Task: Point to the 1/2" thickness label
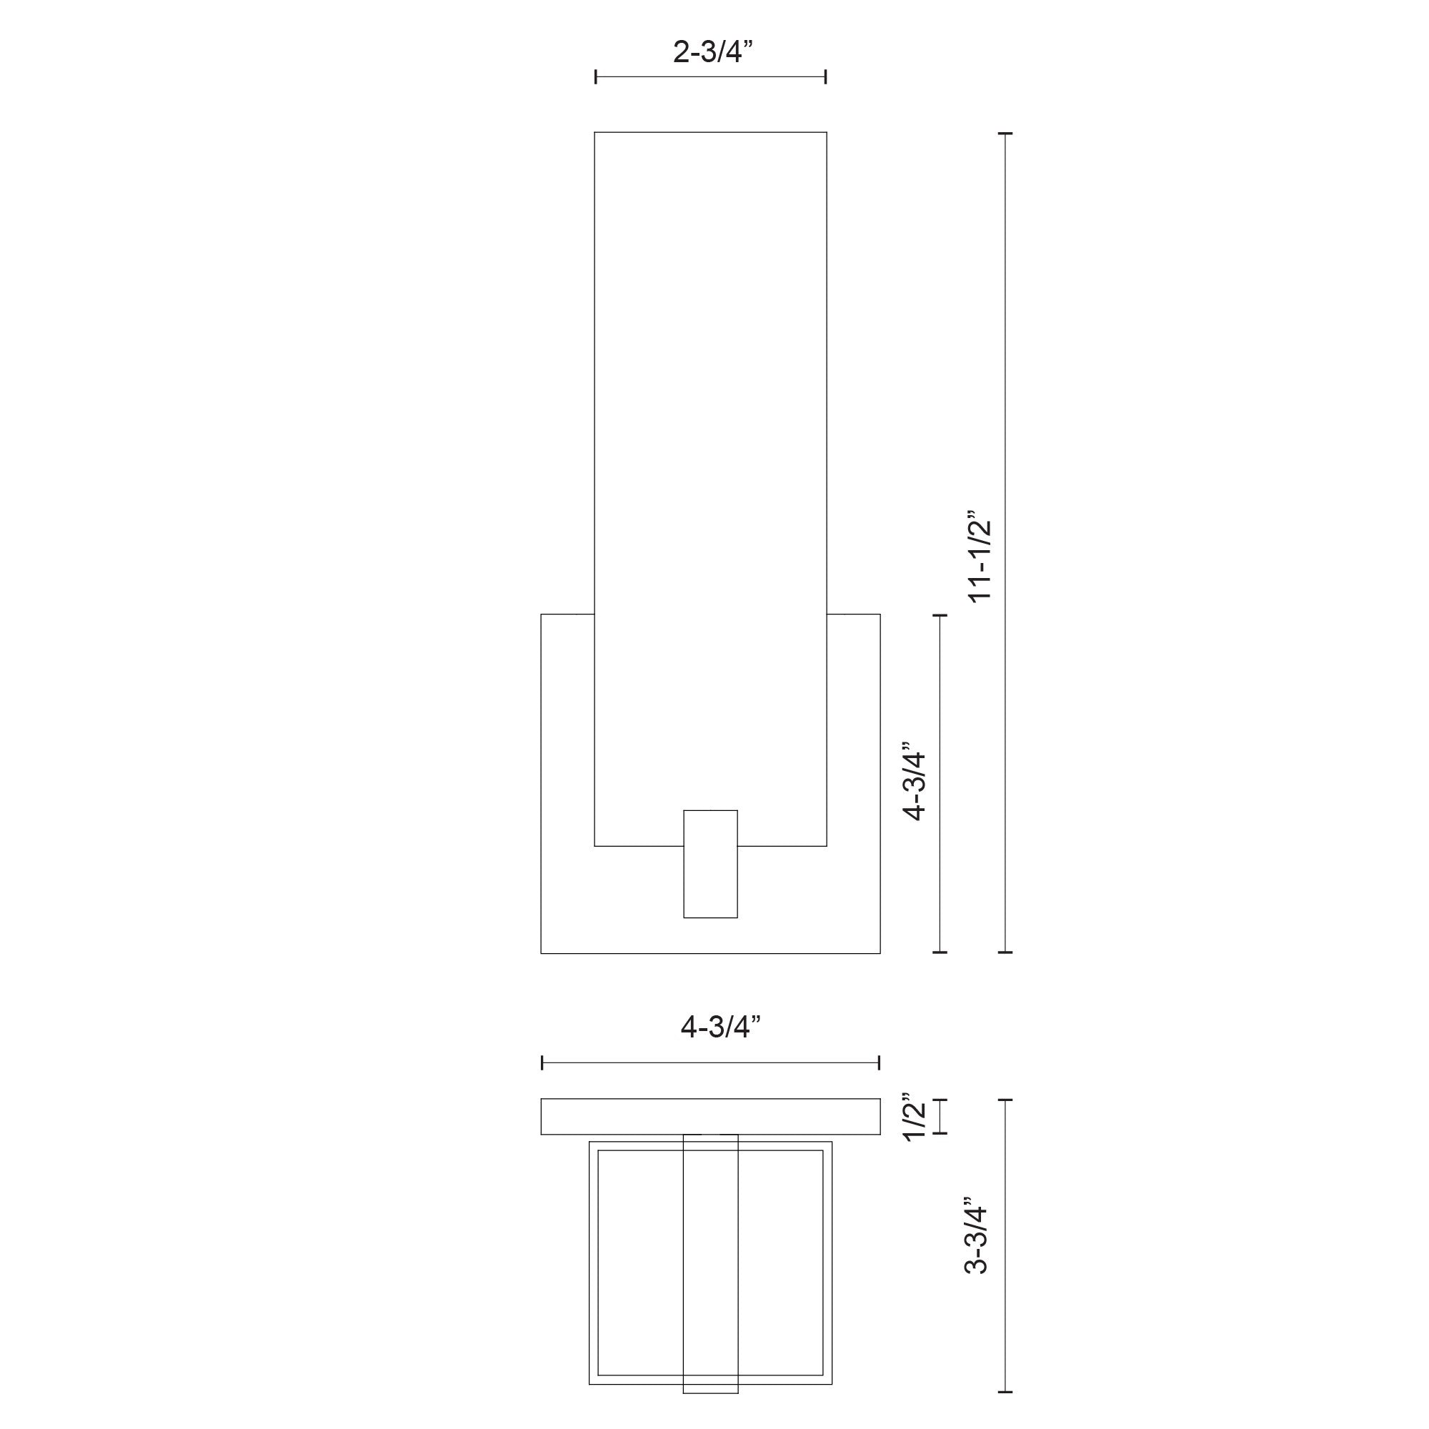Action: pyautogui.click(x=915, y=1117)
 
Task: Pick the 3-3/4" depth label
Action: pyautogui.click(x=976, y=1236)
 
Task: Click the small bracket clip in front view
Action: pyautogui.click(x=710, y=864)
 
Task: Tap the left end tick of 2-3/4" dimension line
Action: pyautogui.click(x=596, y=76)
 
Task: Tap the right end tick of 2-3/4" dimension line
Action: pyautogui.click(x=825, y=76)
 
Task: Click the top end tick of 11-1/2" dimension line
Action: pyautogui.click(x=1005, y=134)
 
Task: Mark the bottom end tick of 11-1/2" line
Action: pyautogui.click(x=1005, y=952)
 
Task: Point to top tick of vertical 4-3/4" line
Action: pyautogui.click(x=940, y=614)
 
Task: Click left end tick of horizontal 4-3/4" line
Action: pyautogui.click(x=542, y=1063)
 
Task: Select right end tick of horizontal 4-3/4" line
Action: pyautogui.click(x=879, y=1063)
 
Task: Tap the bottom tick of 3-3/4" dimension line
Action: pyautogui.click(x=1005, y=1391)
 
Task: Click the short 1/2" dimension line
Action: pyautogui.click(x=940, y=1117)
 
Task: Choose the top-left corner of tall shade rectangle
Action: pyautogui.click(x=595, y=133)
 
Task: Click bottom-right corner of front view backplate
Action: pyautogui.click(x=880, y=952)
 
